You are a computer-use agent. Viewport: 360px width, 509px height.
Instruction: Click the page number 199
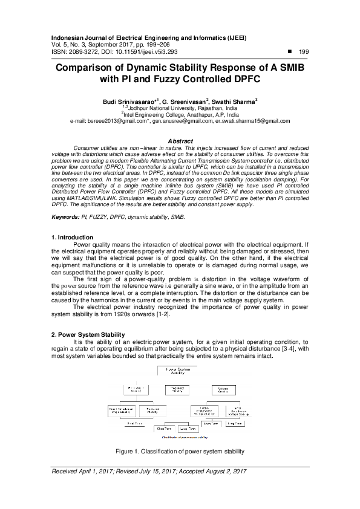[x=304, y=52]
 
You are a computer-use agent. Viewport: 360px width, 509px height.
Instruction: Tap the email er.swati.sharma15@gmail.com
[x=248, y=121]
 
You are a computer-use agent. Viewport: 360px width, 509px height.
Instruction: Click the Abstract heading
[x=180, y=141]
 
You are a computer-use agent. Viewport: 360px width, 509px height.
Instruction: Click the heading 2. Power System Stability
[x=88, y=334]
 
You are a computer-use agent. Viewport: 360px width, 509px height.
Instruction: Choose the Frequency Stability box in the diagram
[x=178, y=391]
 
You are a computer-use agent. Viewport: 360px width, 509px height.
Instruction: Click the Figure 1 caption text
[x=180, y=452]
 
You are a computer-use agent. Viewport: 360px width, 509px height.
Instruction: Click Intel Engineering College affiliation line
[x=180, y=114]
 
